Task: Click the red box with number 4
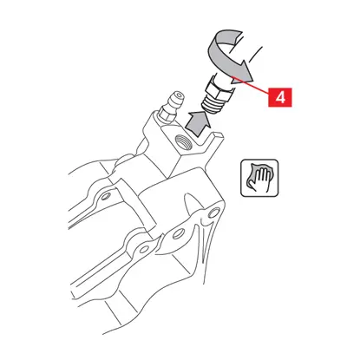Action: pos(280,97)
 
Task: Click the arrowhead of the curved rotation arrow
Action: pos(245,72)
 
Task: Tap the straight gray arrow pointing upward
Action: pos(197,122)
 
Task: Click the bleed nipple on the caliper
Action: pos(171,108)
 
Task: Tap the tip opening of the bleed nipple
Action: pos(180,95)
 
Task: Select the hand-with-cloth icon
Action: pos(259,178)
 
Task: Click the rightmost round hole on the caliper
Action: pos(214,213)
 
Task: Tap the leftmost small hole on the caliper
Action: pos(106,196)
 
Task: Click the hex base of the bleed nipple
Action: pos(165,115)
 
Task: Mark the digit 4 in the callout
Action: pos(280,97)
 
